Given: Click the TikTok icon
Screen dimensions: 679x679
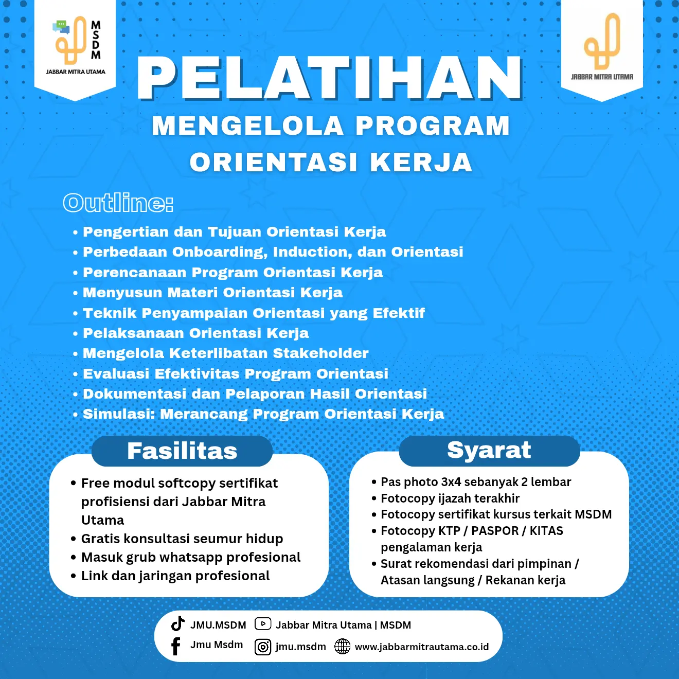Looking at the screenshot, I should (178, 623).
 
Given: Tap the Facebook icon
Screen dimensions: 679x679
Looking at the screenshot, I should (176, 646).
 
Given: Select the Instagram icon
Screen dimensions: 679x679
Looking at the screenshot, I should (263, 647).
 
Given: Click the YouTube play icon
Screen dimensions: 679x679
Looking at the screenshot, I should (263, 624).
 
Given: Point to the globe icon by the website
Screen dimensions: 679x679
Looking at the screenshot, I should (342, 647).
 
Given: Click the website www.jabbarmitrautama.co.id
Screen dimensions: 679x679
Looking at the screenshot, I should (422, 647).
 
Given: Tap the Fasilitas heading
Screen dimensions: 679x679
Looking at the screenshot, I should (182, 451).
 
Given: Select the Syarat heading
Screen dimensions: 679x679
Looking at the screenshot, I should (489, 450).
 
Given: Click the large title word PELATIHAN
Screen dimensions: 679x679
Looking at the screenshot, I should (330, 78).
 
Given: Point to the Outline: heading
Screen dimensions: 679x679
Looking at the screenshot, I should (118, 203).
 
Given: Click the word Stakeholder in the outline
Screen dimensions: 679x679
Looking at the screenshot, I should (320, 353).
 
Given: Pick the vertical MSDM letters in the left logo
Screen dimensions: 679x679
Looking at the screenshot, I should (96, 40).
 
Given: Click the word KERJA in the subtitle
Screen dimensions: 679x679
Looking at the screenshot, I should (421, 163).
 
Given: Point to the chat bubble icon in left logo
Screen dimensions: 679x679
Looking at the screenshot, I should (61, 26).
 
